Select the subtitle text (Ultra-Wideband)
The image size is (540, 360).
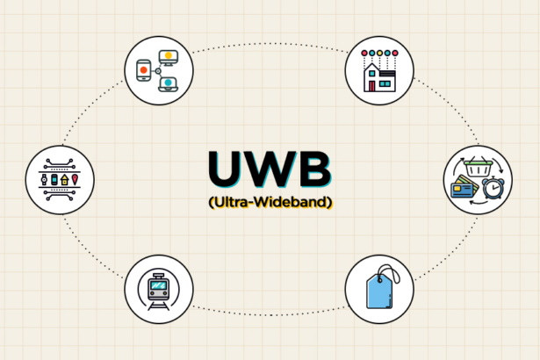(x=270, y=202)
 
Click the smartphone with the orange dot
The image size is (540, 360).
(x=144, y=70)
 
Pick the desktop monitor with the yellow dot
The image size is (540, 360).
(x=168, y=57)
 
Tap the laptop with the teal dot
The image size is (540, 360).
(x=168, y=84)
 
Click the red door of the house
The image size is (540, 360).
(x=371, y=86)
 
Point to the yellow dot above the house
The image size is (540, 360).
(x=379, y=53)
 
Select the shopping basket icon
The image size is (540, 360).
(x=478, y=167)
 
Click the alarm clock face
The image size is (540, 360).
(x=493, y=188)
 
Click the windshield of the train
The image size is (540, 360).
(x=158, y=285)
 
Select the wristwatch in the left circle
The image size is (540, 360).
(x=44, y=180)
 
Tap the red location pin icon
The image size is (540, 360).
(x=75, y=179)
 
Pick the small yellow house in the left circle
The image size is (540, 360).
(x=64, y=180)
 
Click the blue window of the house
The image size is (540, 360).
(x=385, y=83)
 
